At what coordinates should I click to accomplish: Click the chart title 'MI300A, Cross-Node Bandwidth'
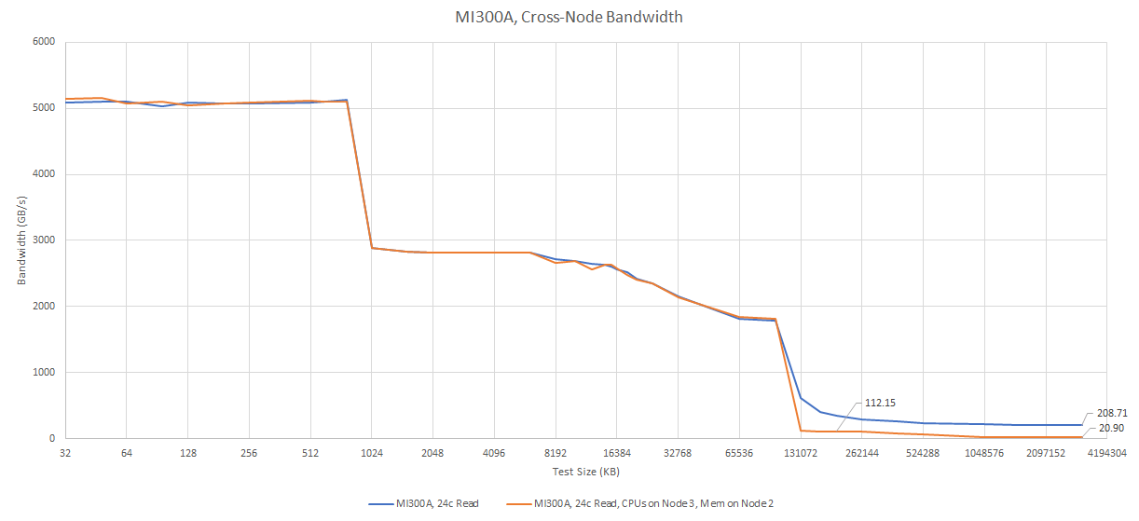tap(569, 17)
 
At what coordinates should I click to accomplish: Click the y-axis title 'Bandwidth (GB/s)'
tap(21, 240)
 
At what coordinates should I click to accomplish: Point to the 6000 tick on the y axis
tap(43, 42)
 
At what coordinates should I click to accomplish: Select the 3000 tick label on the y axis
tap(43, 240)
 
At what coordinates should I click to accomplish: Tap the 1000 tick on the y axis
tap(43, 373)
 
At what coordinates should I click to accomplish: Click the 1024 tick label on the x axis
tap(372, 453)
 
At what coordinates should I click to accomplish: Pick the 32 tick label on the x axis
tap(65, 453)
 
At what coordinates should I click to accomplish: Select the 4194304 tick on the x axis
tap(1106, 453)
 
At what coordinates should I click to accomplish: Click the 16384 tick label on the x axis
tap(616, 453)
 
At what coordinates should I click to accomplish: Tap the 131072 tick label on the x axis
tap(800, 453)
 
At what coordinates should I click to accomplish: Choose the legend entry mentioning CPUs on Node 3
tap(653, 503)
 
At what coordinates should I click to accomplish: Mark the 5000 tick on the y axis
tap(43, 108)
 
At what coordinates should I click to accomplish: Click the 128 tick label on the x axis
tap(188, 453)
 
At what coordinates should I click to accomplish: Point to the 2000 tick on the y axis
tap(43, 307)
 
